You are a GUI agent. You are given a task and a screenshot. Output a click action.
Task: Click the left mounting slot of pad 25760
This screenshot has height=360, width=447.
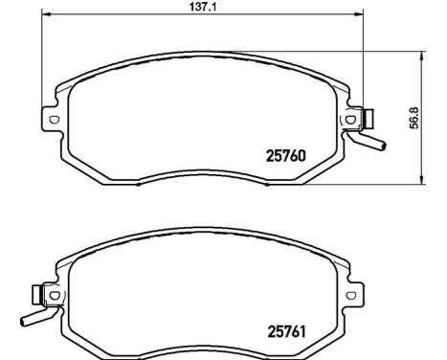(x=53, y=120)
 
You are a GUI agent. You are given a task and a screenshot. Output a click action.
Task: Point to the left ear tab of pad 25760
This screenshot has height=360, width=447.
(x=50, y=120)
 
